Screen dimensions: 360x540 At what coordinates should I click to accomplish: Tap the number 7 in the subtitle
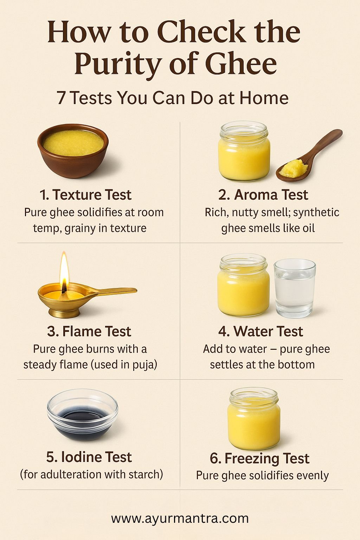[61, 98]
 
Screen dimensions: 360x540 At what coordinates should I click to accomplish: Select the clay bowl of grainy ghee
[73, 151]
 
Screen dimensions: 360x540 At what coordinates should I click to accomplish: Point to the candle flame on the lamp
[64, 272]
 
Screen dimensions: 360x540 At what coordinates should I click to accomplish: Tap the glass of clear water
[294, 288]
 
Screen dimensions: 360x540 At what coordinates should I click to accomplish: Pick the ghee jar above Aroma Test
[244, 151]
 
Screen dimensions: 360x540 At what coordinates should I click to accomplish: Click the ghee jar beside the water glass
[243, 285]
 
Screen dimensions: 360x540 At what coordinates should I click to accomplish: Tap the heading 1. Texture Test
[85, 195]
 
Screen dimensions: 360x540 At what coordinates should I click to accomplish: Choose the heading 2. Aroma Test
[263, 195]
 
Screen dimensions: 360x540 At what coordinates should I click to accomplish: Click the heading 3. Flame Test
[89, 331]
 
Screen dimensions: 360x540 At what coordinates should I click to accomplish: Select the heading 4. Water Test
[261, 331]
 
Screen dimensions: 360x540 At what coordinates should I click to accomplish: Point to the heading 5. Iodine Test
[89, 457]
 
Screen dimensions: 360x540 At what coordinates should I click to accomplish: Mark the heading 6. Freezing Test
[259, 458]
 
